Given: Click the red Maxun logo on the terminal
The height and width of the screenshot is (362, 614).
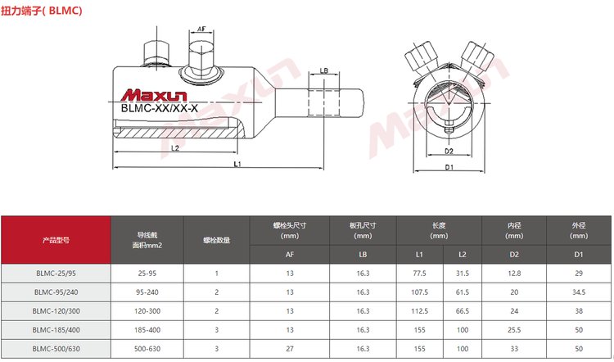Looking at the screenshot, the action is [x=154, y=95].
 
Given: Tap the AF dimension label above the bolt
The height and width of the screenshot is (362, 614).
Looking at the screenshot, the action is [x=201, y=29].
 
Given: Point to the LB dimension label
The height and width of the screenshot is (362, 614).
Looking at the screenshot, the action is [x=324, y=71].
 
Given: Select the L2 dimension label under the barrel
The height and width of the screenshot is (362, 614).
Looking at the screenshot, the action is [x=175, y=148].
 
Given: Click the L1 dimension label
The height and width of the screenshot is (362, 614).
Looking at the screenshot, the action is [x=237, y=164].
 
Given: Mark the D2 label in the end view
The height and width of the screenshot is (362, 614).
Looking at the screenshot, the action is [x=449, y=151].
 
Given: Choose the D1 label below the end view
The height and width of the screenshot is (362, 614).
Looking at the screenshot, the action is [x=449, y=167].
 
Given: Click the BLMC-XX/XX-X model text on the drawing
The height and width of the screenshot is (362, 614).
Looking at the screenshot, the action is [x=160, y=108].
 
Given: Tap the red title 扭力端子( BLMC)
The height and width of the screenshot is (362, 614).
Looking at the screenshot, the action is [x=41, y=11].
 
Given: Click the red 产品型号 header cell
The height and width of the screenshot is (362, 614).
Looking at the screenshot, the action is [x=56, y=240].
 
